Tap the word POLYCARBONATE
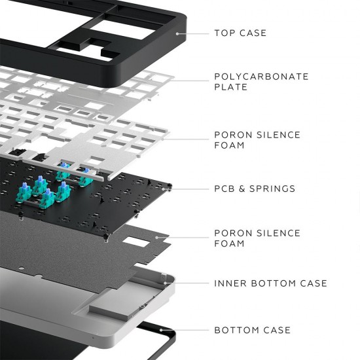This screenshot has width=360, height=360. [261, 77]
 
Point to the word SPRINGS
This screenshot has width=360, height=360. [273, 189]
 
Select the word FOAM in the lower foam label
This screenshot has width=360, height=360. [229, 243]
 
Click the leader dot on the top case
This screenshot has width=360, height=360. [177, 32]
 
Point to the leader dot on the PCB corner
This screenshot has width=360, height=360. [171, 189]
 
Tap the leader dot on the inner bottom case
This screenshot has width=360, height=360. [165, 283]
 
